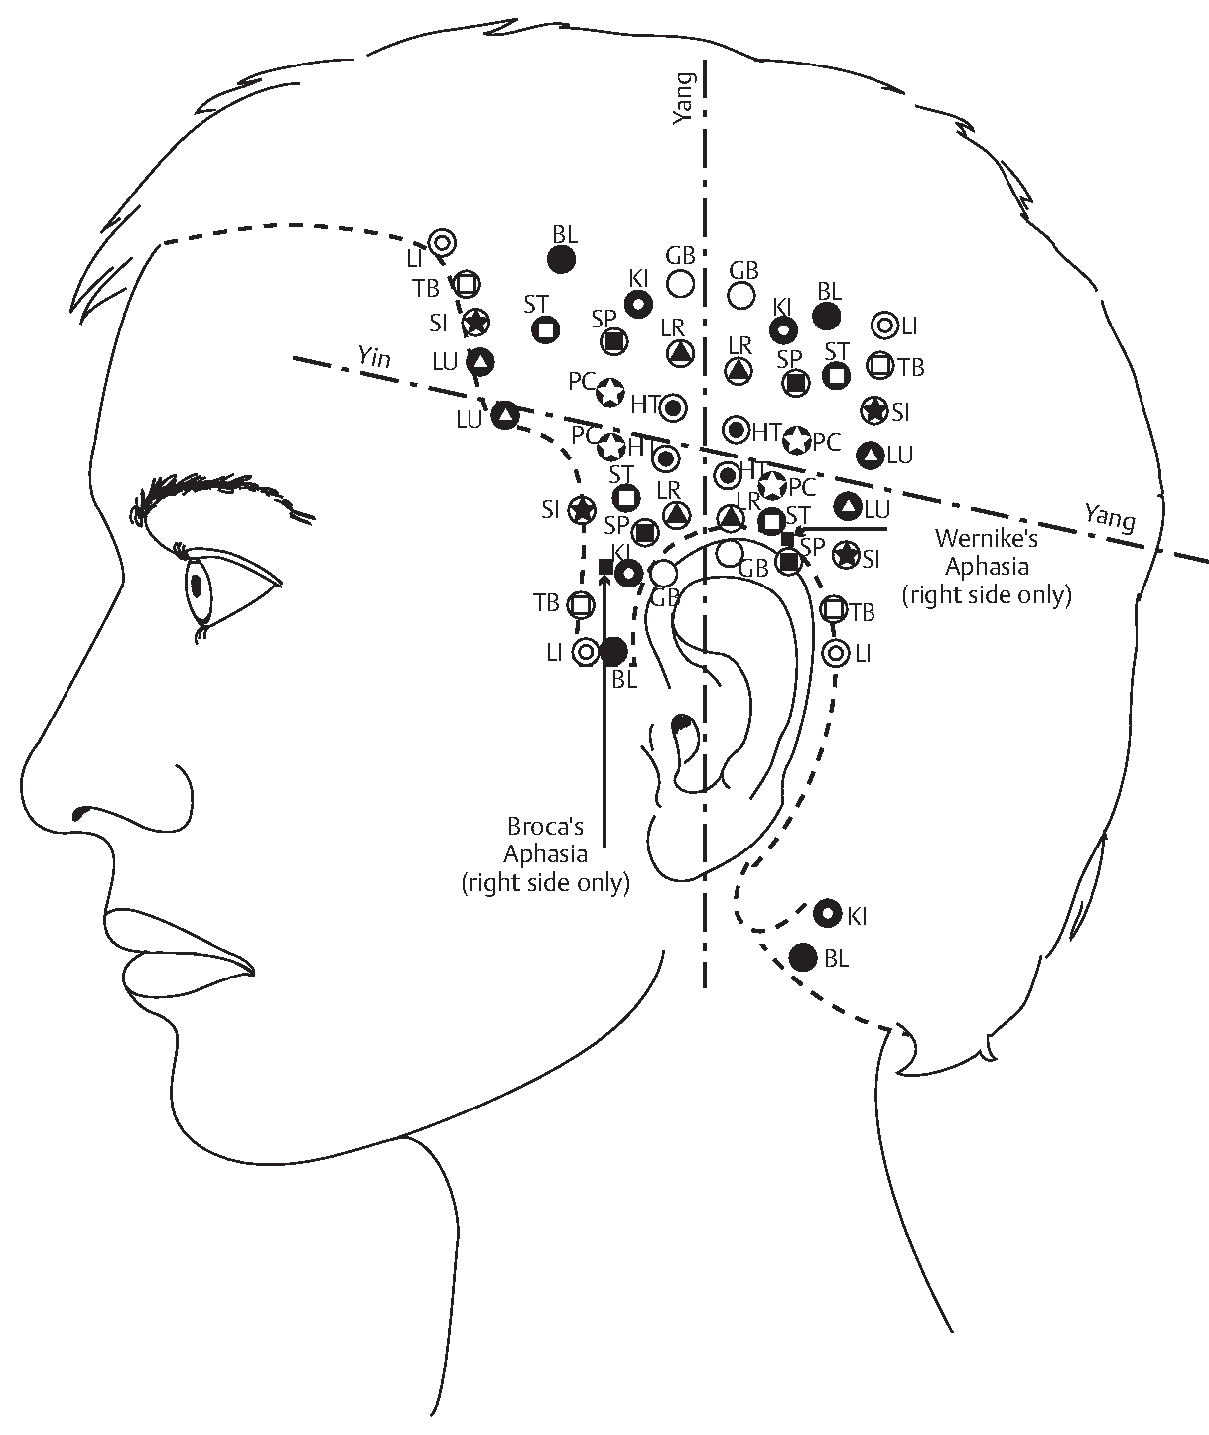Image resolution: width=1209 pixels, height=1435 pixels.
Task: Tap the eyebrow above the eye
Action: coord(220,494)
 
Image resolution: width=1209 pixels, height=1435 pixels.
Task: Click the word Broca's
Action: coord(545,826)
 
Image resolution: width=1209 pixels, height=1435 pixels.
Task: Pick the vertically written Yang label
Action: coord(684,99)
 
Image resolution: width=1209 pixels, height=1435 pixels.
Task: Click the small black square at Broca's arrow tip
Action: coord(605,566)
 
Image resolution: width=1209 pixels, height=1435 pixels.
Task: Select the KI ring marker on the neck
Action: coord(827,913)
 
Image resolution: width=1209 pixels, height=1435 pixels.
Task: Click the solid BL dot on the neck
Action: coord(803,958)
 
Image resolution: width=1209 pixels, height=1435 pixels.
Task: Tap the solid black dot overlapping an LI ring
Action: coord(613,652)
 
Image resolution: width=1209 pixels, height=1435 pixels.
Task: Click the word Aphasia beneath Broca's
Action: coord(545,854)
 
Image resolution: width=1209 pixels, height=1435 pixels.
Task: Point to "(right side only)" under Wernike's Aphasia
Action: coord(987,595)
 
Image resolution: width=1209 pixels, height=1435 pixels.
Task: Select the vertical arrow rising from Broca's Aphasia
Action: coord(604,710)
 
